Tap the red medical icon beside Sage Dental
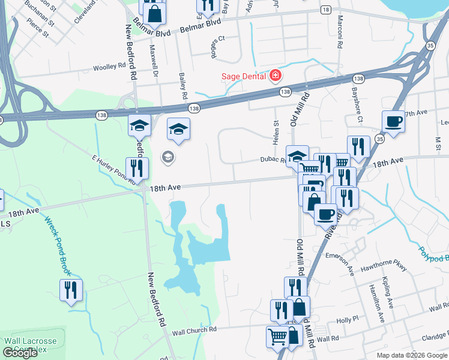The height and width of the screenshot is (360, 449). [276, 76]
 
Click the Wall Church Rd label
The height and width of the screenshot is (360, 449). [194, 331]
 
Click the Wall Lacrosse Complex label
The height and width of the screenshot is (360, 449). [30, 345]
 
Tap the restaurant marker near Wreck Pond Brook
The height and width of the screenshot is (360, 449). [71, 290]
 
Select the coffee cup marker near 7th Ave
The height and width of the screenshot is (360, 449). [393, 121]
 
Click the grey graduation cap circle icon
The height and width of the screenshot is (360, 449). [168, 158]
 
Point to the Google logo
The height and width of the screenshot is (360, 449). [20, 353]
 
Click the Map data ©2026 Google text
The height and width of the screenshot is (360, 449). [412, 355]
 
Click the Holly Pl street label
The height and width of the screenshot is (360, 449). [348, 320]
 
